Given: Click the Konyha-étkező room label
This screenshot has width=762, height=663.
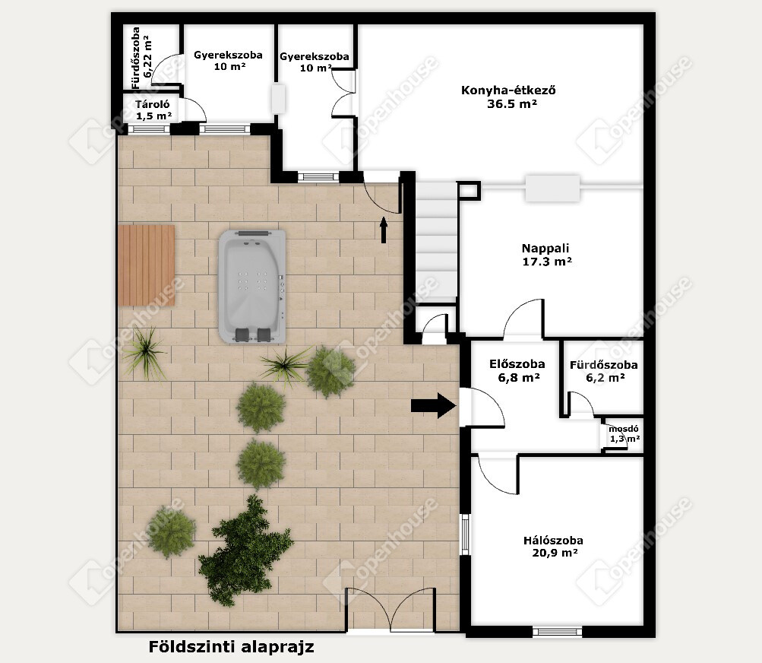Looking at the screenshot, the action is tap(508, 97).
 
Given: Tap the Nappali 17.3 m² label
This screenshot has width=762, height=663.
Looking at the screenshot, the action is tap(546, 255).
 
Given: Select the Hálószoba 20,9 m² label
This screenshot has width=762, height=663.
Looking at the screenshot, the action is tap(554, 546).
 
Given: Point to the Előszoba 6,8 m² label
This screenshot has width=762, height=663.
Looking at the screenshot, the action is tap(517, 371).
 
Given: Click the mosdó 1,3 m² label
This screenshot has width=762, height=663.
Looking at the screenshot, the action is tap(624, 434).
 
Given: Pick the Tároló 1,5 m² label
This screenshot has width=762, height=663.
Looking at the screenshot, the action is tap(153, 110).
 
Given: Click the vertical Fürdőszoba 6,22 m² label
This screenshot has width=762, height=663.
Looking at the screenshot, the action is tap(141, 58).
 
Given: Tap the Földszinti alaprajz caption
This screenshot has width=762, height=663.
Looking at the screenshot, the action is tap(231, 647).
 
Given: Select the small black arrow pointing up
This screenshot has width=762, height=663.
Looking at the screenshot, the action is tap(384, 230).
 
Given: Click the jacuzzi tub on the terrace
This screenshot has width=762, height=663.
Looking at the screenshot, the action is tap(251, 287).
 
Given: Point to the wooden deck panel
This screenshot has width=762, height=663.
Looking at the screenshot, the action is tap(147, 265).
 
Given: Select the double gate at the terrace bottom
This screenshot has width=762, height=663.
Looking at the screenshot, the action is tap(390, 609).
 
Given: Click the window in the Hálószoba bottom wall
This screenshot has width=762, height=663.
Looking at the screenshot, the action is tap(557, 632).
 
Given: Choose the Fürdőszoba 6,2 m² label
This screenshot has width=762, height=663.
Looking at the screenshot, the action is tap(604, 371).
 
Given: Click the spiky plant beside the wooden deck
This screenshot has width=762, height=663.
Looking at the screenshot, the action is tap(144, 351).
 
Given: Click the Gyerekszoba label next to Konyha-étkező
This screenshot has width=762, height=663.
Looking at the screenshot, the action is tap(315, 62).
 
